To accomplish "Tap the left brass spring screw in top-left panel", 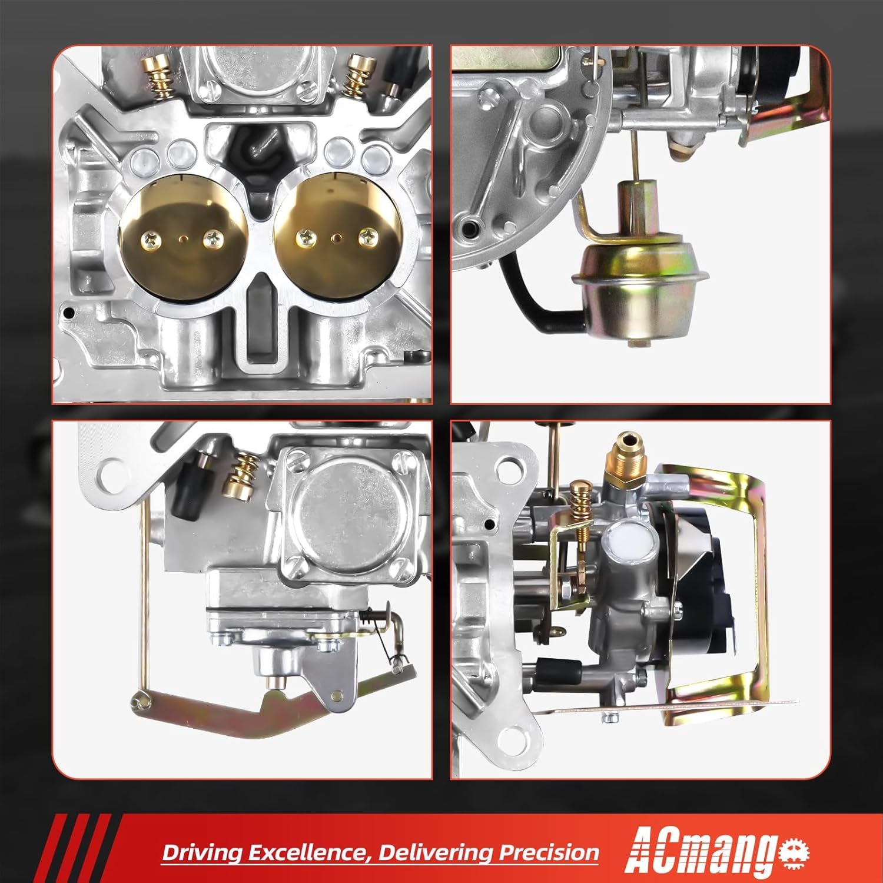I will [x=158, y=77].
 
